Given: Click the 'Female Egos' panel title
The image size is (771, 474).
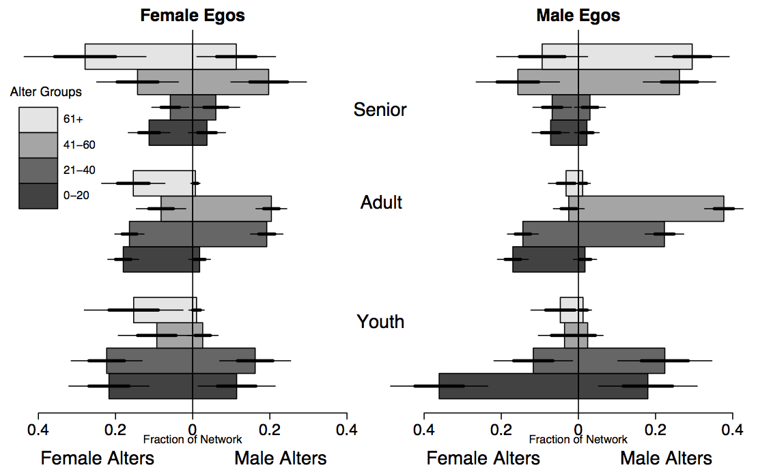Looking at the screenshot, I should [193, 15].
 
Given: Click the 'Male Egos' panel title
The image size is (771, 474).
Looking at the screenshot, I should [578, 15].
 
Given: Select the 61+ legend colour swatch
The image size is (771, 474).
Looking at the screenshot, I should [38, 119].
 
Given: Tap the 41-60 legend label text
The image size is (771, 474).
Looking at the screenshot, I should [76, 145].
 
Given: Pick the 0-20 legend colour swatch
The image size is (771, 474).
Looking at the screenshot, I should [38, 196].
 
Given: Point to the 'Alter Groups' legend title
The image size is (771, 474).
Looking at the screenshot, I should [46, 91].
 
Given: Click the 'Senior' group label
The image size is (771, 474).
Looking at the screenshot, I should [380, 109].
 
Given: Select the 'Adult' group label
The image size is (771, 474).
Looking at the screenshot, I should [381, 203].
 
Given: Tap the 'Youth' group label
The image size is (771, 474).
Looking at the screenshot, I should [380, 321].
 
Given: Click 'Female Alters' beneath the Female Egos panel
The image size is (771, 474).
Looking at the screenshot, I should [98, 458].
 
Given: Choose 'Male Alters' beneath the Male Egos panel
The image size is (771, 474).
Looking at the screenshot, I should [666, 458].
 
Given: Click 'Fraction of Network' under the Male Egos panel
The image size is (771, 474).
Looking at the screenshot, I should [578, 440].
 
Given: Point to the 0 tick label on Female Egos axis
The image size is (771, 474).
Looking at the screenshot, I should [193, 430].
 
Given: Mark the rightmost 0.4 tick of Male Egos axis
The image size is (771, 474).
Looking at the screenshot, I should [732, 430].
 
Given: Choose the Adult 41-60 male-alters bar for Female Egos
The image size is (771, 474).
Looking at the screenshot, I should [232, 208].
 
